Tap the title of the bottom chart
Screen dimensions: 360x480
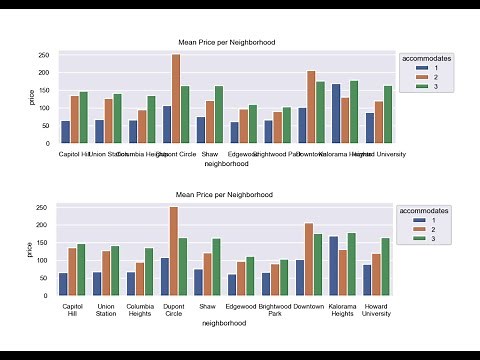point(225,194)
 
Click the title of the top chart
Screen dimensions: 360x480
point(225,42)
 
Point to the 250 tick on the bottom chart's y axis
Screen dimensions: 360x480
point(45,208)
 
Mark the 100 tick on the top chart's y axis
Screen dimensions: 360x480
point(45,108)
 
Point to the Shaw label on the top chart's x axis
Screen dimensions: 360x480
point(209,153)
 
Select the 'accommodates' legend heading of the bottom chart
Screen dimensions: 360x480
point(428,211)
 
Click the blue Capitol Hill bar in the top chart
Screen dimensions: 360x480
point(65,132)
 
